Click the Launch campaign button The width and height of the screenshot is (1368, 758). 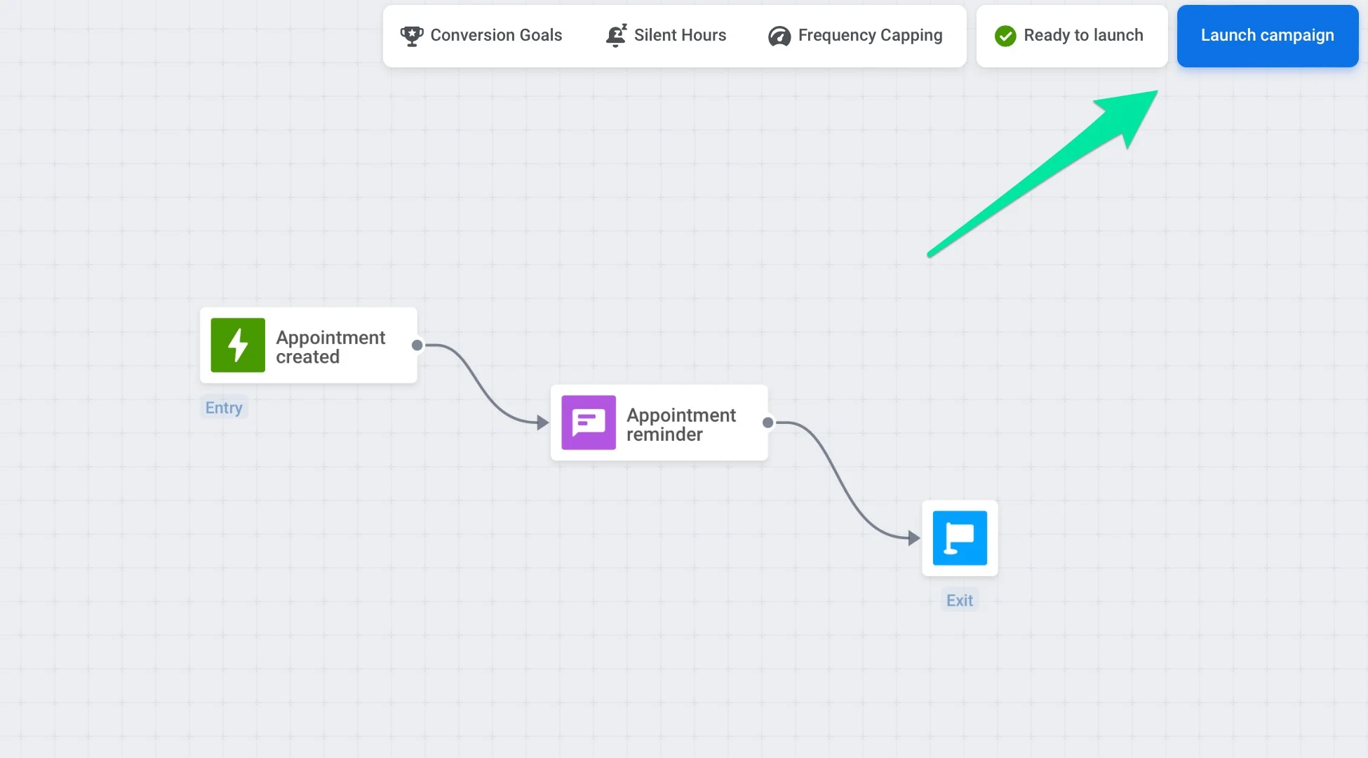pyautogui.click(x=1267, y=36)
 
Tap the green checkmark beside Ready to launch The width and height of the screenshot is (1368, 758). pyautogui.click(x=1005, y=36)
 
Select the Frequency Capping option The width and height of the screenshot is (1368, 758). pyautogui.click(x=870, y=36)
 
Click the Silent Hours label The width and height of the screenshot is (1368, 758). pyautogui.click(x=680, y=36)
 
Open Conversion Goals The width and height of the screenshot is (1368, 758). pyautogui.click(x=496, y=36)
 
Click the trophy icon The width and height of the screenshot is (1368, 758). pyautogui.click(x=412, y=36)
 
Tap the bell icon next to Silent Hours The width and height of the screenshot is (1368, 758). pyautogui.click(x=616, y=36)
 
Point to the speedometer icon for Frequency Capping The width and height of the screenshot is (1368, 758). pyautogui.click(x=779, y=36)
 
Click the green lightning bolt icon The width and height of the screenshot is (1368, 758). pyautogui.click(x=238, y=345)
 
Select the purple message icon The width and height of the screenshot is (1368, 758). pyautogui.click(x=589, y=423)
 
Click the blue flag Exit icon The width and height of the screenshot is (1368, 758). pyautogui.click(x=960, y=538)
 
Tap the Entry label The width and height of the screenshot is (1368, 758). pyautogui.click(x=224, y=408)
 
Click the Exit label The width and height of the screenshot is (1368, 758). pyautogui.click(x=960, y=601)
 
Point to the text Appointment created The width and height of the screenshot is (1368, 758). pyautogui.click(x=330, y=347)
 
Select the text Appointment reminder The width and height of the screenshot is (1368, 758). pyautogui.click(x=680, y=425)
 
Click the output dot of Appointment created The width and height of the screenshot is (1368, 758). pyautogui.click(x=417, y=345)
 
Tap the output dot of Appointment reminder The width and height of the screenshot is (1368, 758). pyautogui.click(x=768, y=423)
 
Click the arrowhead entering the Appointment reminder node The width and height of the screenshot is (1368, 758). pyautogui.click(x=542, y=423)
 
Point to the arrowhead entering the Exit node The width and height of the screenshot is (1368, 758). pyautogui.click(x=913, y=538)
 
